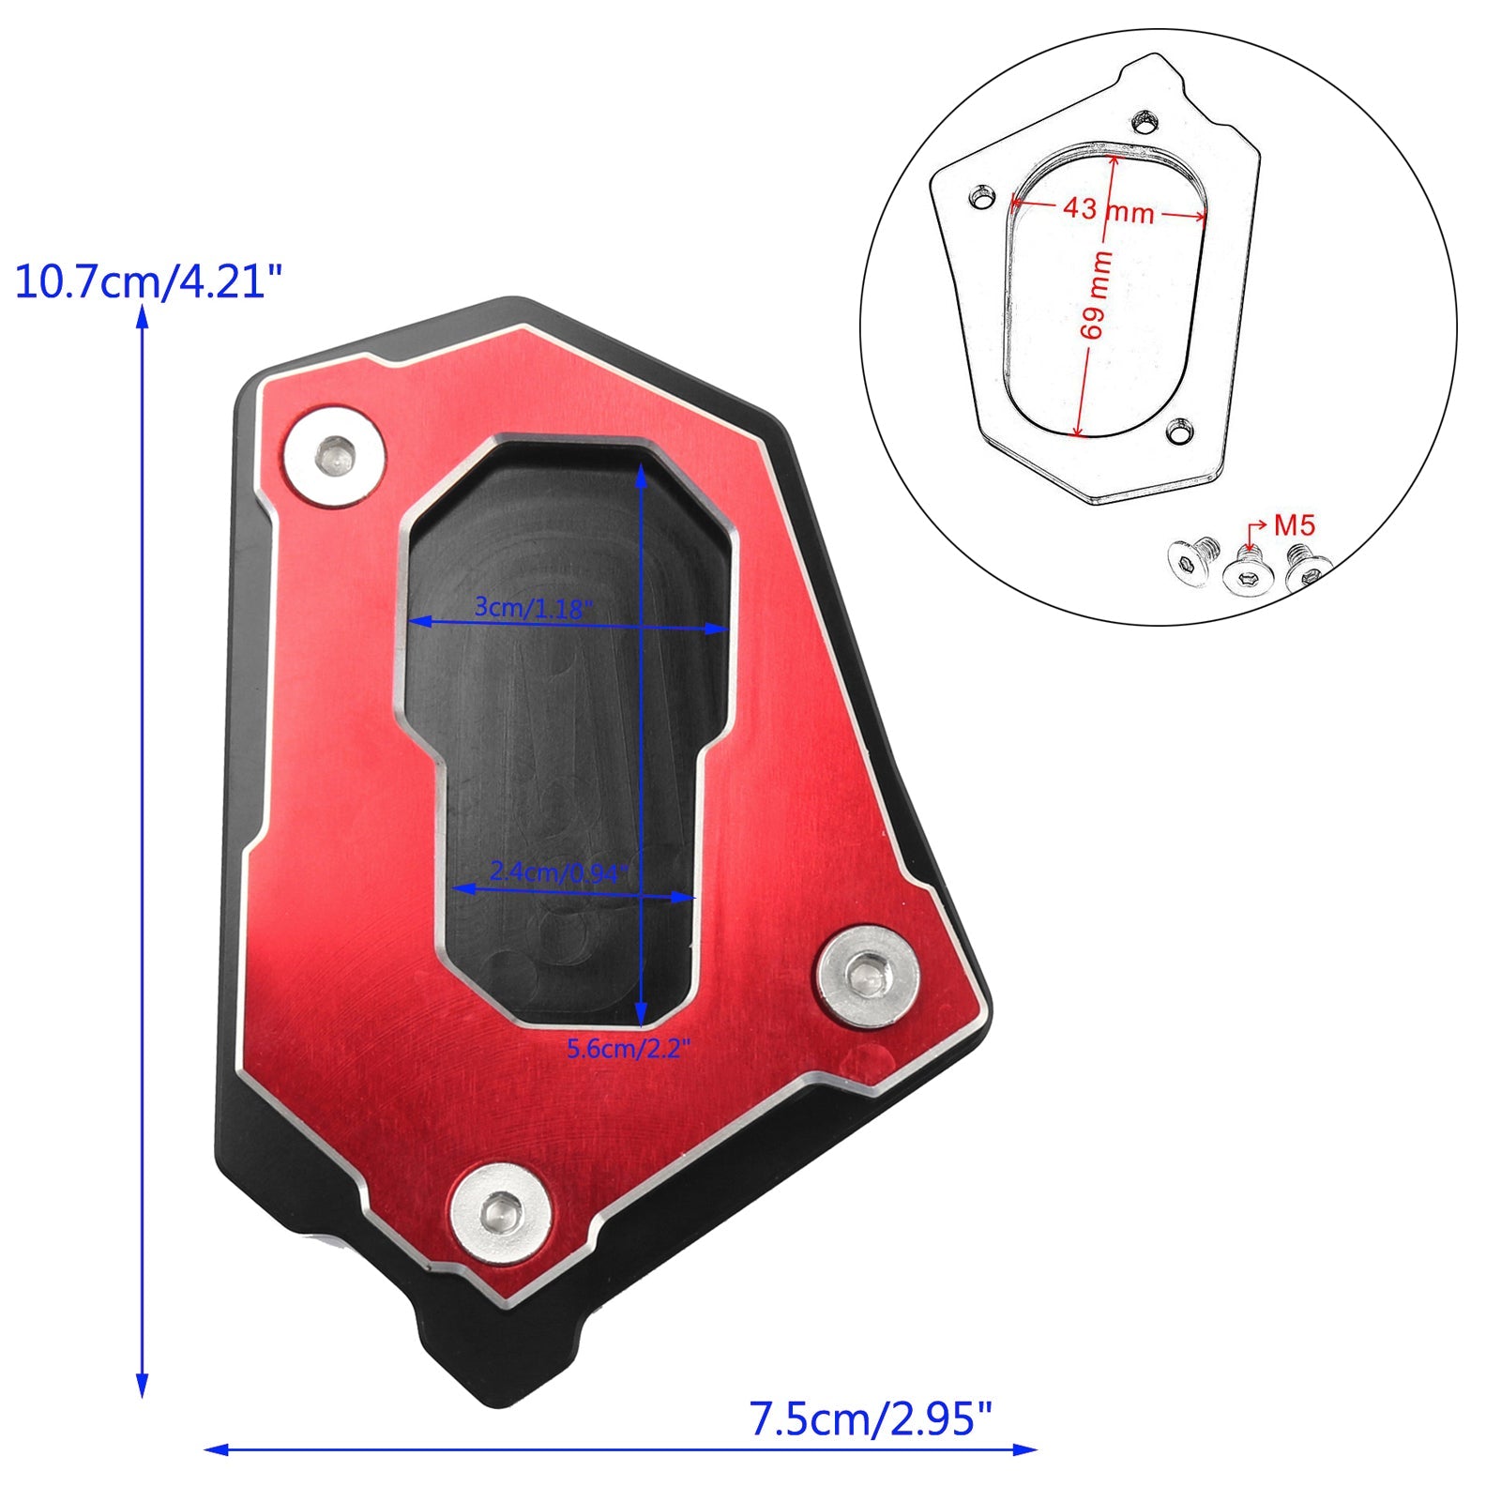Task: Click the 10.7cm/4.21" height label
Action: (x=148, y=280)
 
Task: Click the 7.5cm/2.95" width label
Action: (x=870, y=1418)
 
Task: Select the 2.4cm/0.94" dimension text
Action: (x=556, y=872)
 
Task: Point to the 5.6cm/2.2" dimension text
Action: (x=628, y=1048)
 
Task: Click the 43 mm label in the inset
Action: (x=1108, y=209)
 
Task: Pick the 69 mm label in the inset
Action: (x=1096, y=295)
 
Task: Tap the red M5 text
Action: (x=1295, y=525)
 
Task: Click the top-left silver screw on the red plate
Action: (x=335, y=457)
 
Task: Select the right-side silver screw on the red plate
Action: (x=867, y=976)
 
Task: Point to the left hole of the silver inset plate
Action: (x=982, y=198)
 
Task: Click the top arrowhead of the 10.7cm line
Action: (x=143, y=316)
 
